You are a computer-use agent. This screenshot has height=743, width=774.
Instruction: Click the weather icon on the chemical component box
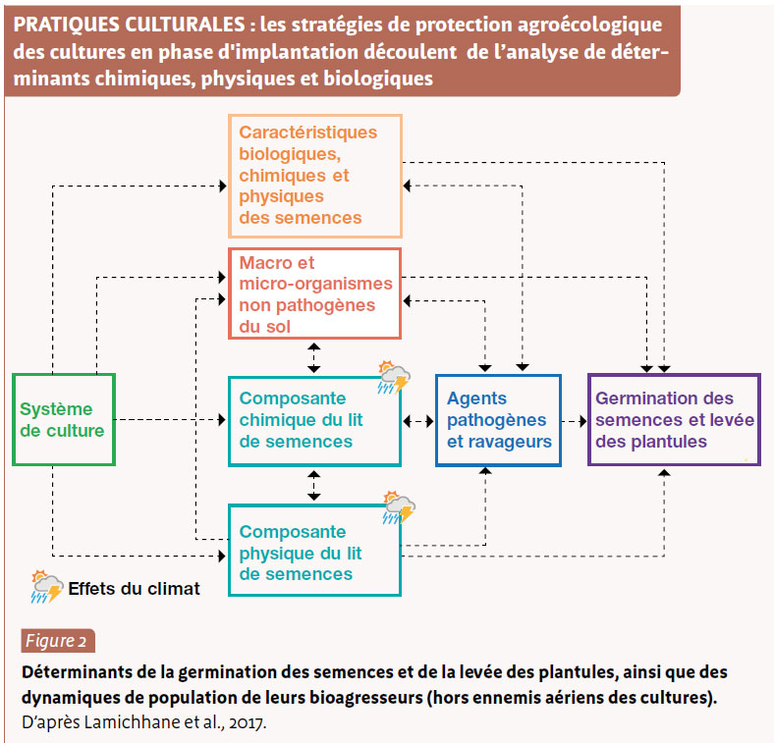click(x=394, y=378)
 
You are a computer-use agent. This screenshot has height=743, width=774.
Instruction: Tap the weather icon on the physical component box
click(x=399, y=507)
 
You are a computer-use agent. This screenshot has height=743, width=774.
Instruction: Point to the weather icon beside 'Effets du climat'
click(x=47, y=587)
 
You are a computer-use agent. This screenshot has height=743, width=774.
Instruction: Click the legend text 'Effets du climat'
click(x=134, y=589)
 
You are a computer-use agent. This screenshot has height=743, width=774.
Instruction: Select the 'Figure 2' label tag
click(x=58, y=641)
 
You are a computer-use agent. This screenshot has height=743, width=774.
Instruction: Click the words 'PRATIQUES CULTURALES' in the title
click(x=129, y=25)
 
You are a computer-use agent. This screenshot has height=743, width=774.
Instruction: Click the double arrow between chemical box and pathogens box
click(x=418, y=421)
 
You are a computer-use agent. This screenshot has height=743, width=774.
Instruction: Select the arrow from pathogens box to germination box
click(x=575, y=421)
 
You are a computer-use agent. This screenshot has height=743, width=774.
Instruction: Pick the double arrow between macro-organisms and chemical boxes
click(x=314, y=358)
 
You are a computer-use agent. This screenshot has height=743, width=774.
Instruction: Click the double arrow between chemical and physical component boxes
click(x=314, y=486)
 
